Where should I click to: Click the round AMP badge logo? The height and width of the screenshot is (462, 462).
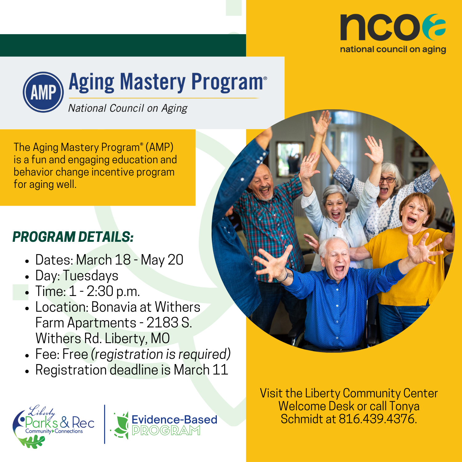coord(43,92)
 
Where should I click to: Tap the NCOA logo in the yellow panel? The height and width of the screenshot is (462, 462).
coord(393,33)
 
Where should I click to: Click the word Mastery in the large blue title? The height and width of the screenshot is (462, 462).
coord(153,82)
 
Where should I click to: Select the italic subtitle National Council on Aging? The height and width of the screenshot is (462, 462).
coord(128,108)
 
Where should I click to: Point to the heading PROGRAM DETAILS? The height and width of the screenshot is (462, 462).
coord(73,237)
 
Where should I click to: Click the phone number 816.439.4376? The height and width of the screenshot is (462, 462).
coord(378,419)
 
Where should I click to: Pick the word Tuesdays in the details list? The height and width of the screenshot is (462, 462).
coord(91,276)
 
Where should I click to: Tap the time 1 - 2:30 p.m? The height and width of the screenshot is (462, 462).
coord(104,291)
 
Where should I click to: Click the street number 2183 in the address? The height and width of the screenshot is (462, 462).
coord(162,323)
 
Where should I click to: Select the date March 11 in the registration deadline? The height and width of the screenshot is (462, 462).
coord(201,370)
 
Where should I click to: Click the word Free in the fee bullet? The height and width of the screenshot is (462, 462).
coord(75,354)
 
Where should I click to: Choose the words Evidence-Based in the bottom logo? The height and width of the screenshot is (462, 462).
coord(174,419)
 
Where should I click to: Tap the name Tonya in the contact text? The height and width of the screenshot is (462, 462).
coord(404,406)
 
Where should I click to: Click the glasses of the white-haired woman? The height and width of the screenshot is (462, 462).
coord(387,180)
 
